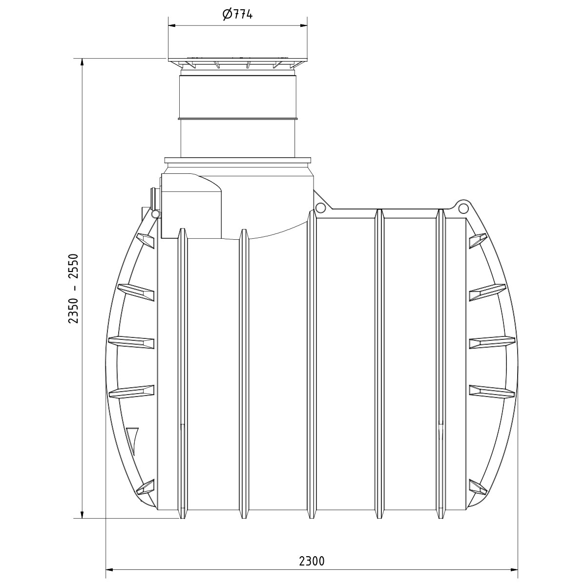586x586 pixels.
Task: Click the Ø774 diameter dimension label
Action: point(237,14)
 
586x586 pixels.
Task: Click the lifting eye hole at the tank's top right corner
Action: point(462,209)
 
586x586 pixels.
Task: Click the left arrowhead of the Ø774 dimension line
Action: point(173,25)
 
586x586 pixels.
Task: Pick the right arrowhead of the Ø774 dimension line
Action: point(303,25)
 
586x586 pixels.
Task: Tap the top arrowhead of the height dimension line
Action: point(82,63)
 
